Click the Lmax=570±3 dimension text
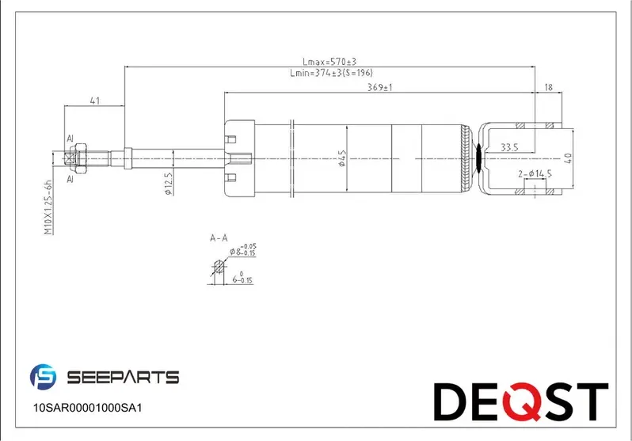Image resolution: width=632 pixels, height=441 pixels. [330, 62]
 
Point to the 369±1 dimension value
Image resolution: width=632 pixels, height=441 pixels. [380, 87]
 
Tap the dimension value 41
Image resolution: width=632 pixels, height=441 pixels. [94, 101]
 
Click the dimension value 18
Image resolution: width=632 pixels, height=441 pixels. [548, 87]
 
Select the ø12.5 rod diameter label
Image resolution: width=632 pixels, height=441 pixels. [168, 181]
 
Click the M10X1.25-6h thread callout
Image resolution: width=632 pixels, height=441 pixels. [48, 207]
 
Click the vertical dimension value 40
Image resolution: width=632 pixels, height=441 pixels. [567, 158]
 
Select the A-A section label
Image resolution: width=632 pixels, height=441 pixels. [219, 238]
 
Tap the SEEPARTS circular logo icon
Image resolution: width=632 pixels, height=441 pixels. [43, 378]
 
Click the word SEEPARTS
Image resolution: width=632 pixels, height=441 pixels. [123, 378]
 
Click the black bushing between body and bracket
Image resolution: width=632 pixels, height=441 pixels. [478, 158]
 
